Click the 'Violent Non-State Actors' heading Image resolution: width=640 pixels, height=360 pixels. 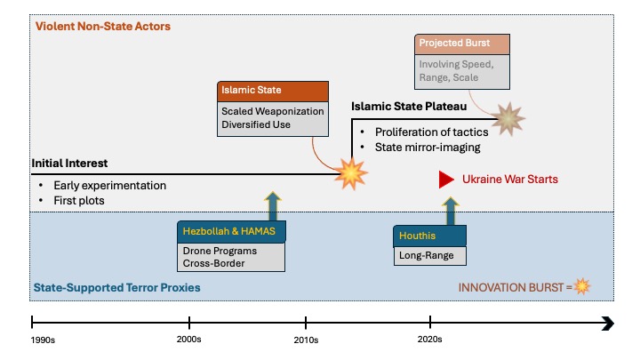tap(103, 26)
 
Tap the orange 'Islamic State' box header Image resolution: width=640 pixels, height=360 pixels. tap(273, 91)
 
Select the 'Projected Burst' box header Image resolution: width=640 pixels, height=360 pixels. tap(462, 44)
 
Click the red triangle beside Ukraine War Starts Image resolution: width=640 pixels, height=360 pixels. tap(446, 180)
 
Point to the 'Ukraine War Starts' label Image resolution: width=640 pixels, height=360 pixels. tap(510, 180)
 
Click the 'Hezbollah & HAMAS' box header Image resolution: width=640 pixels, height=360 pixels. tap(231, 231)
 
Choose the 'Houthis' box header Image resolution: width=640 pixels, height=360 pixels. tap(430, 236)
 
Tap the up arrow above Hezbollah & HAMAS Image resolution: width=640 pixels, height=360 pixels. tap(273, 206)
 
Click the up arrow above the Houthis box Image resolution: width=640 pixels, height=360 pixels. tap(451, 211)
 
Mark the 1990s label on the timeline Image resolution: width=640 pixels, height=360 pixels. tap(43, 340)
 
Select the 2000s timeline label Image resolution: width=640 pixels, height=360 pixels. tap(189, 340)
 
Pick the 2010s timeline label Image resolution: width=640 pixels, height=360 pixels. tap(306, 340)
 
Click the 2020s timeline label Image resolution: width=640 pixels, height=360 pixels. tap(430, 340)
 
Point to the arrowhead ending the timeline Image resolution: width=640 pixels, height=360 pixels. tap(608, 324)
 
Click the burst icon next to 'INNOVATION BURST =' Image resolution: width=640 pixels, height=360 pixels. tap(582, 286)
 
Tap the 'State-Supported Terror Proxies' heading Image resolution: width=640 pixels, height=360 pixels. tap(116, 288)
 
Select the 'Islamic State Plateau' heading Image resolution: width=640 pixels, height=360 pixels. tap(409, 107)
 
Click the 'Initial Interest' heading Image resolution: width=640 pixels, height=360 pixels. tap(69, 164)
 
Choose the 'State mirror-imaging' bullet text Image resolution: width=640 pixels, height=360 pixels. tap(428, 148)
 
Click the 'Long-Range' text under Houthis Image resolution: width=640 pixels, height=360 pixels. tap(426, 255)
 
